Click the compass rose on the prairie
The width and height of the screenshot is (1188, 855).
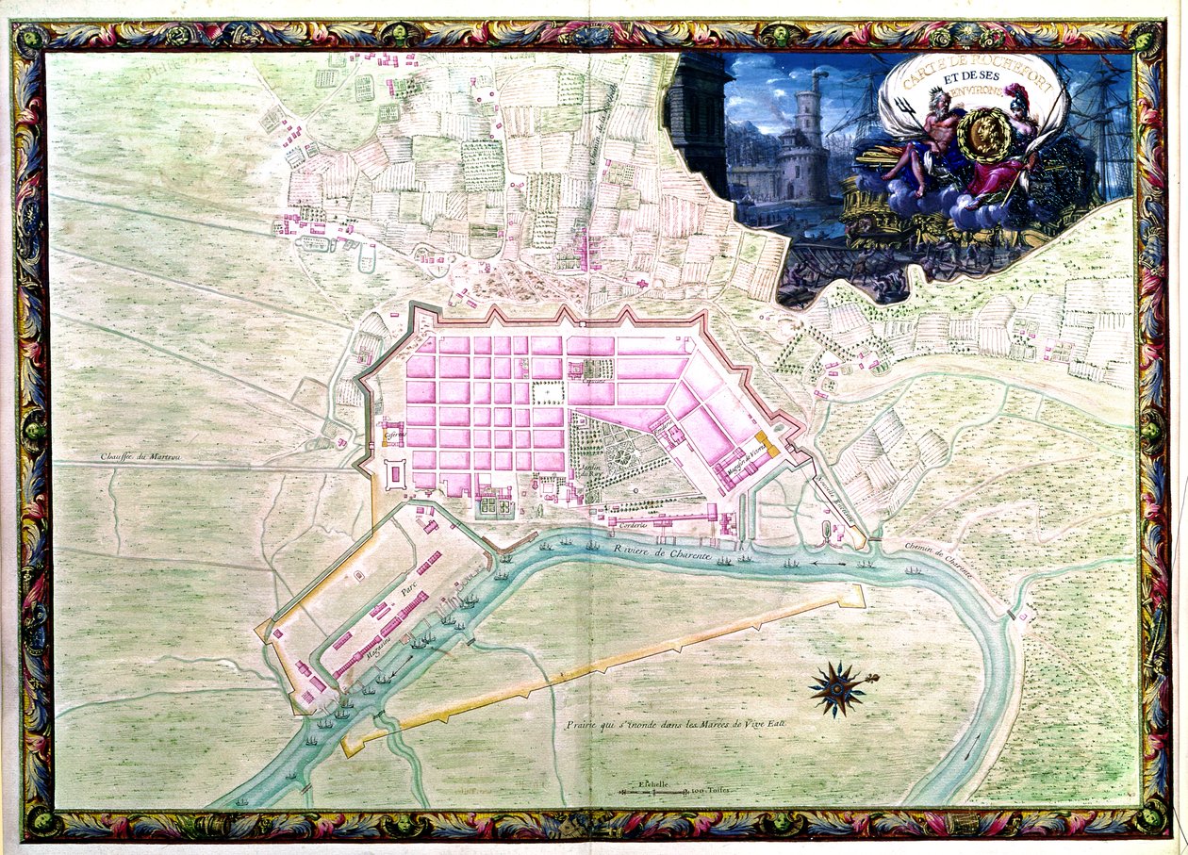tap(837, 688)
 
